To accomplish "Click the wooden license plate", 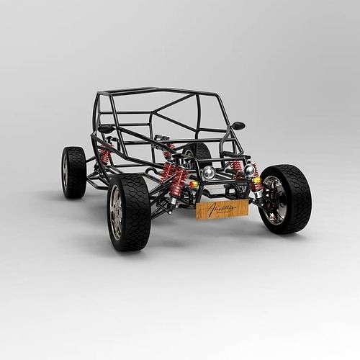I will [x=222, y=210].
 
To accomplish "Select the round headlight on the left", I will [x=208, y=173].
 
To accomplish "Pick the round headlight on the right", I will [x=250, y=171].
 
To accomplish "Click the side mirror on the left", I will [x=106, y=129].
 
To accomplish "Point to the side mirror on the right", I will [x=238, y=126].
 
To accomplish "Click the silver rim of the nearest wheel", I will [x=116, y=213].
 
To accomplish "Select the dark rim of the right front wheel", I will [x=274, y=199].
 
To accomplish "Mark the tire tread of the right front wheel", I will [x=298, y=198].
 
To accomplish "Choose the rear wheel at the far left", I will [x=73, y=172].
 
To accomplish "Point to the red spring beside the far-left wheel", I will [x=105, y=156].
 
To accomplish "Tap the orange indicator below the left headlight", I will [x=193, y=184].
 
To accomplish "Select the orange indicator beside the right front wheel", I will [x=257, y=181].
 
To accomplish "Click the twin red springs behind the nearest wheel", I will [x=174, y=180].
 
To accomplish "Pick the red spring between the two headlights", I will [x=237, y=168].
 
